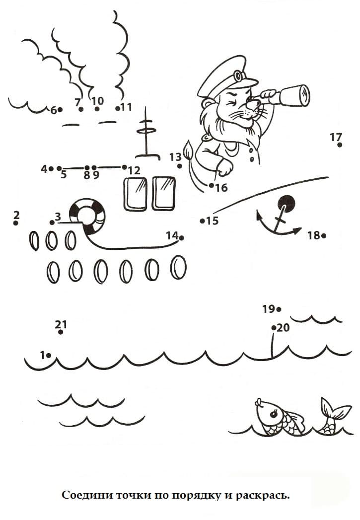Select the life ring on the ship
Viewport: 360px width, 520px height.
(x=87, y=216)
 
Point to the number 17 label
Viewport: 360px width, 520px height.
(x=336, y=137)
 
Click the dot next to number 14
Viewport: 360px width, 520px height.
(x=181, y=237)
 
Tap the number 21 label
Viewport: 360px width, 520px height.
(x=61, y=324)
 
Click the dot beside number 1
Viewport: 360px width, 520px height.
(x=49, y=356)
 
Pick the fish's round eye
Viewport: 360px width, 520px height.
(x=274, y=414)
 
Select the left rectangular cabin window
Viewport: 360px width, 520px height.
(x=135, y=194)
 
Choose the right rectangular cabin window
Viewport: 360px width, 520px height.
(x=164, y=194)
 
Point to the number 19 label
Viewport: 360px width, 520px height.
(x=269, y=309)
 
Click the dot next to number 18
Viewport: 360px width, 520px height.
(x=324, y=236)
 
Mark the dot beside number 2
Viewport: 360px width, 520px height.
(x=15, y=223)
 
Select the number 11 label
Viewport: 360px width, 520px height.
(x=126, y=107)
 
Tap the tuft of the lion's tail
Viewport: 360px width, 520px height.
(x=189, y=150)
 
